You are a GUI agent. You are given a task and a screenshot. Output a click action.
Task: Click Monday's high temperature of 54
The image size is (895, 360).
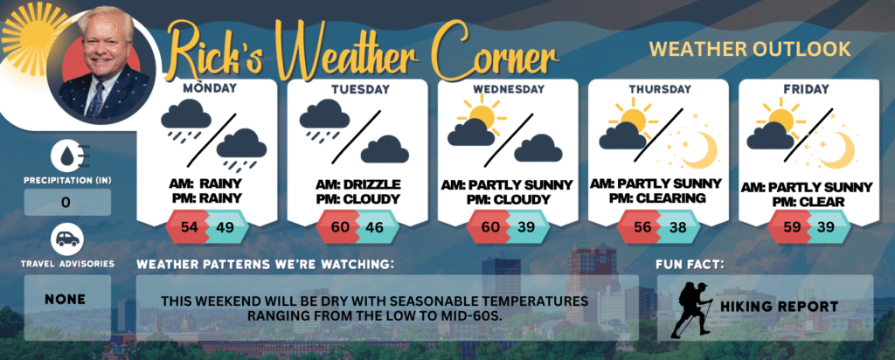[x=189, y=226]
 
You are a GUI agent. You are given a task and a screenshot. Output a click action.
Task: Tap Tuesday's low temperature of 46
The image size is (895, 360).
[x=376, y=226]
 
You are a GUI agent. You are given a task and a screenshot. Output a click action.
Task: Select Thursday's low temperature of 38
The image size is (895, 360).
[x=677, y=226]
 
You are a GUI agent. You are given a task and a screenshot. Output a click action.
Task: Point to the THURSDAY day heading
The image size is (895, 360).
[x=660, y=90]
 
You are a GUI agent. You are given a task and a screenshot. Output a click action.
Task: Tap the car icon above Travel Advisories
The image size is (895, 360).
[x=66, y=239]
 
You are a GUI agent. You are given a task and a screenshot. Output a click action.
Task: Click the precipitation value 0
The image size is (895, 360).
[x=66, y=203]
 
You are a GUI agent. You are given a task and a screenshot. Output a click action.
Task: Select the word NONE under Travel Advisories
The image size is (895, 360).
[x=65, y=299]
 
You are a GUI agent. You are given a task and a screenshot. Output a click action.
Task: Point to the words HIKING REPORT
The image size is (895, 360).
[x=779, y=307]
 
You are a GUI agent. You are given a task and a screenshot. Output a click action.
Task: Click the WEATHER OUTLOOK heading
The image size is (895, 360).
[x=750, y=50]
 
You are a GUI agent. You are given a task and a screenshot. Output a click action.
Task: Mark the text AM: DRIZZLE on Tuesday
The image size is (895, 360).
[x=357, y=185]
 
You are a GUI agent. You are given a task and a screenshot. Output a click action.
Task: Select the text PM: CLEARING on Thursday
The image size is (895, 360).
[x=657, y=197]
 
